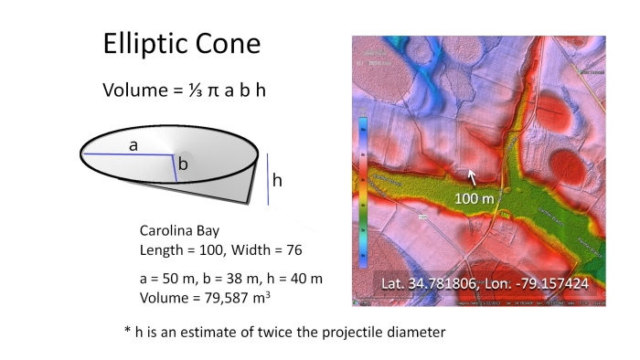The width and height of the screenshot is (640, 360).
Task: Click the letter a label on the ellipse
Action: tap(133, 145)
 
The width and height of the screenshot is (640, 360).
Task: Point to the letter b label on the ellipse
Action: tap(183, 164)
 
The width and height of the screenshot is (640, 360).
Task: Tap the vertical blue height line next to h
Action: tap(268, 179)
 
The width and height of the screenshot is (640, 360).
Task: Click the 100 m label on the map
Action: tap(475, 197)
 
